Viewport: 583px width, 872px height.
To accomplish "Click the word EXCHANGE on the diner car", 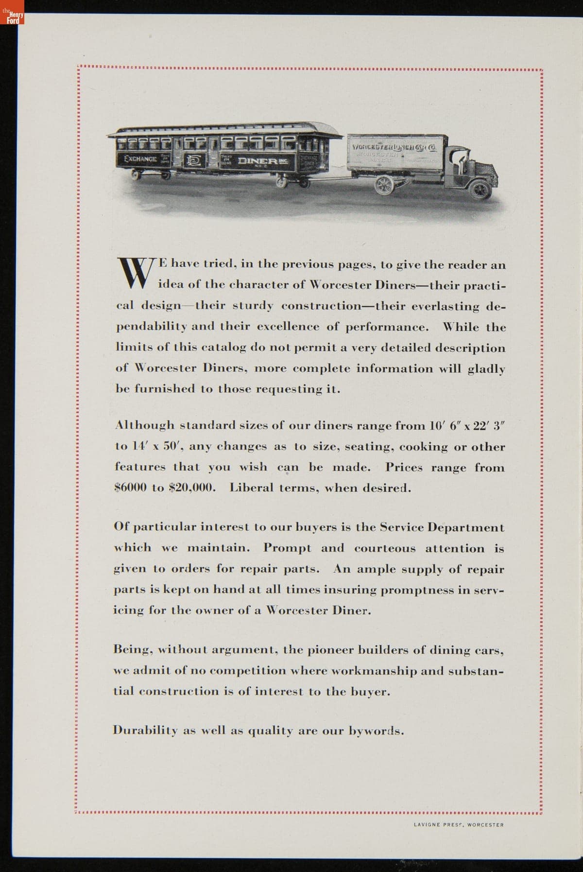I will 140,158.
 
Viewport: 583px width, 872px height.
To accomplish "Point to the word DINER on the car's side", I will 257,160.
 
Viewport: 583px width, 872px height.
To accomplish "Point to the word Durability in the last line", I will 140,731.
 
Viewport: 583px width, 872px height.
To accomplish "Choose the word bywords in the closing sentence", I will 376,731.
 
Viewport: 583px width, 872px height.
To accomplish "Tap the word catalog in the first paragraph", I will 206,348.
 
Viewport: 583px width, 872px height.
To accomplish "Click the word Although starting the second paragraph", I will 144,425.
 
